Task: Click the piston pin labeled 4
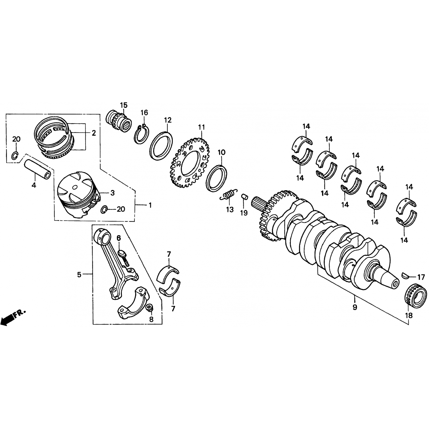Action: [38, 169]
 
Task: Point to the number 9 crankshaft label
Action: [355, 308]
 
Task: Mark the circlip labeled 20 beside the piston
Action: [104, 210]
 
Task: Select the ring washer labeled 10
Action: [217, 178]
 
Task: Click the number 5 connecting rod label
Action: [79, 275]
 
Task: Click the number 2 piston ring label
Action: [94, 133]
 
